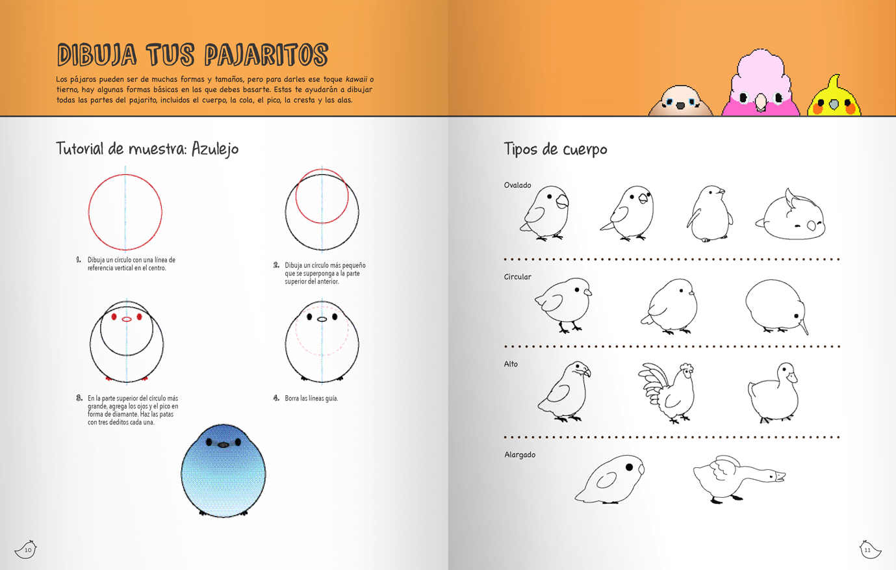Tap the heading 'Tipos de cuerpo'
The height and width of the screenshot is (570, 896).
coord(555,149)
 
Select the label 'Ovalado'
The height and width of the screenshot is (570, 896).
coord(517,185)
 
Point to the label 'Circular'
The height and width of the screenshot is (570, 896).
coord(517,277)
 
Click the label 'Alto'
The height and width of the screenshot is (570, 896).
coord(511,364)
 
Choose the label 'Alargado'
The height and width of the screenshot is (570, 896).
coord(520,454)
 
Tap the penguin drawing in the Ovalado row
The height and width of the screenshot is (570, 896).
coord(710,213)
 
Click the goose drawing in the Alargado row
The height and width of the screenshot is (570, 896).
coord(737,478)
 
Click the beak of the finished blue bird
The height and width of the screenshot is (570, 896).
coord(223,445)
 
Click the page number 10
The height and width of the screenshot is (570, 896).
coord(28,550)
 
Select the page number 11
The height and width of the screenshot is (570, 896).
coord(867,550)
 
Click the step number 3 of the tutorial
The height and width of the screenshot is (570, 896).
coord(79,398)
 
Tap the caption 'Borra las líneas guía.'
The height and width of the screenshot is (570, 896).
coord(311,398)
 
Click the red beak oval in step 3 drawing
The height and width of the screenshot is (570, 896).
coord(127,319)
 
